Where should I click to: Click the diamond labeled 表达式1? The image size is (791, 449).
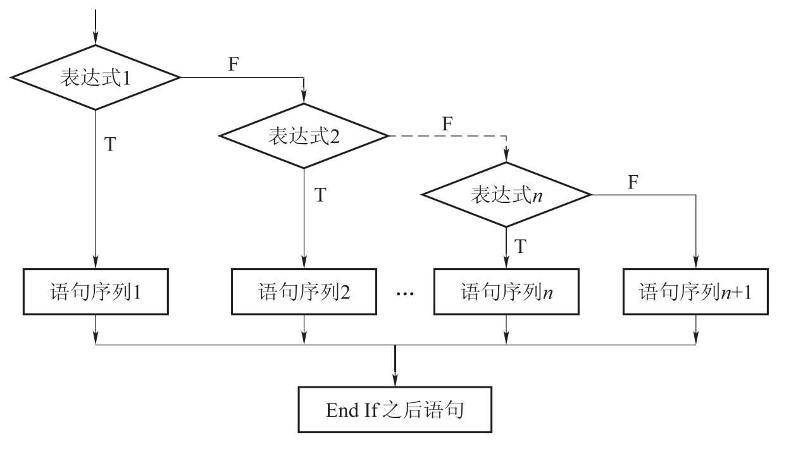pos(96,77)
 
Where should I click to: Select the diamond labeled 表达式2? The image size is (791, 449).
pos(304,136)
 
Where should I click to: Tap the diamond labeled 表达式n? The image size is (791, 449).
pos(506,194)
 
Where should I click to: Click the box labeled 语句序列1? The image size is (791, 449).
pos(96,292)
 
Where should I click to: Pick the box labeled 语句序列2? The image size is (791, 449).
pos(304,292)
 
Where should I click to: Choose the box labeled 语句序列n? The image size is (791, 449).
pos(506,292)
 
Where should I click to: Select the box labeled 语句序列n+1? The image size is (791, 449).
pos(696,292)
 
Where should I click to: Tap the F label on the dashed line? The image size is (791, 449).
pos(447,124)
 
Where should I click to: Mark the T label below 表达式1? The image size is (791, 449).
pos(110,144)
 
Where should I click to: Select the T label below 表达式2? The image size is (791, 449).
pos(320,195)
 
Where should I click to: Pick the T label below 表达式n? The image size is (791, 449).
pos(520,245)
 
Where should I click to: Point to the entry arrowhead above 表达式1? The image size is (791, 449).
pos(96,39)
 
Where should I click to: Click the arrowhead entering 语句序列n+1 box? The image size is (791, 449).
pos(696,264)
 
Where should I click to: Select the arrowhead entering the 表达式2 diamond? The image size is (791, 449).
pos(304,99)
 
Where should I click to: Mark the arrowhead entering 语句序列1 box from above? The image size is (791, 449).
pos(96,264)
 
